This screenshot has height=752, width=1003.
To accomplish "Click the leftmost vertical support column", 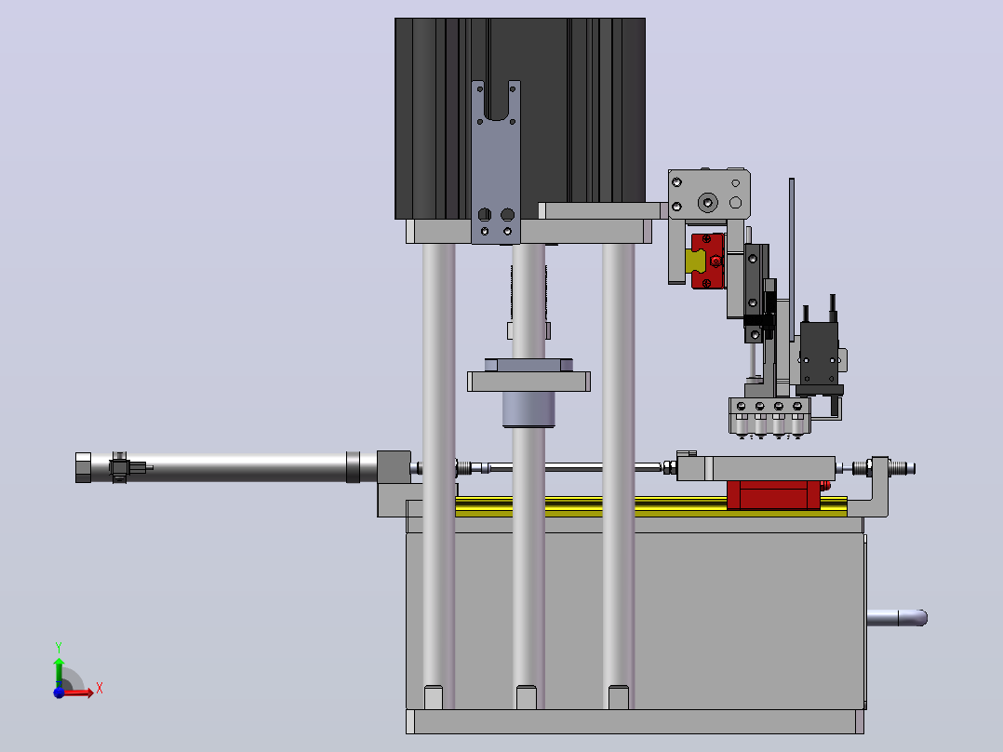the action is point(438,474).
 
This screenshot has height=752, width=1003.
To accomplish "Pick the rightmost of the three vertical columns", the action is point(618,474).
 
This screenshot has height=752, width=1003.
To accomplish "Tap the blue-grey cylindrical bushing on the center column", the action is point(528,409).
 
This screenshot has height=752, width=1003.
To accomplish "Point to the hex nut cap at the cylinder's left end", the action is point(83,467).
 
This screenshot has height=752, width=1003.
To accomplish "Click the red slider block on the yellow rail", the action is point(774,495).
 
